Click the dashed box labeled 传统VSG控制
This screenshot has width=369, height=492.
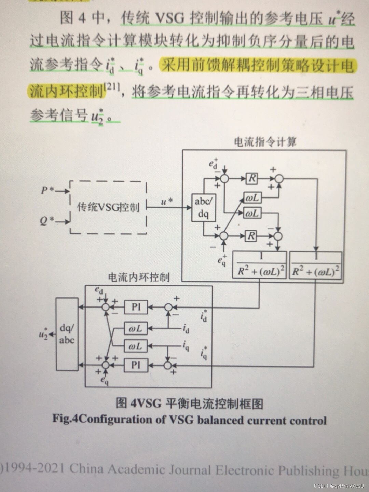coord(109,207)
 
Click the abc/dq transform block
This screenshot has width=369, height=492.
coord(203,208)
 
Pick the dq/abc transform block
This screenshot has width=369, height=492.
coord(67,333)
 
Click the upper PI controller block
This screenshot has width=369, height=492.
coord(136,307)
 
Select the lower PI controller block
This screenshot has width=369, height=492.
coord(136,365)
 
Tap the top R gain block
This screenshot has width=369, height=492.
coord(252,178)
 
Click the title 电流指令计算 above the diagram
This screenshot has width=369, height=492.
coord(265,142)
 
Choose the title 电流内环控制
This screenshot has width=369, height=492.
coord(139,277)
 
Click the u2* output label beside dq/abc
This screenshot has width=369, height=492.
coord(43,334)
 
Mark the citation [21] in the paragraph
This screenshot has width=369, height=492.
coord(112,87)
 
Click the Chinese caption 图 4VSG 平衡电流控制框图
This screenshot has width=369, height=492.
coord(189,403)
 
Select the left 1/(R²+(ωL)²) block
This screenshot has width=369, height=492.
coord(260,265)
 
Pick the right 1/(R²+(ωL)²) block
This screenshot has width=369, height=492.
coord(315,265)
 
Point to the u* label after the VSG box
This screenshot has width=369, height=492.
coord(167,202)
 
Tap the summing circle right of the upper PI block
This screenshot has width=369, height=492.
coord(167,307)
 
